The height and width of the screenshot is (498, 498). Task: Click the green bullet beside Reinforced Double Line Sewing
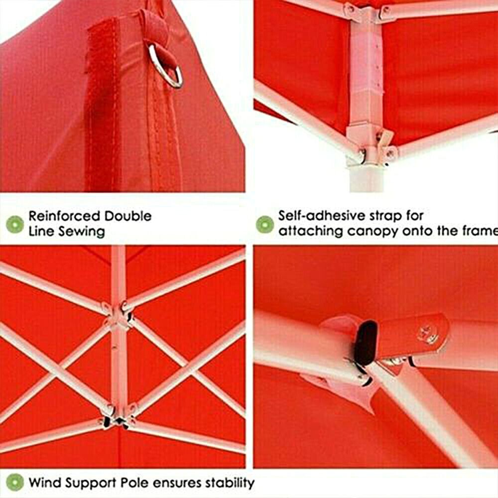pos(15,224)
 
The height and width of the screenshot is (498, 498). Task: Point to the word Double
pos(127,216)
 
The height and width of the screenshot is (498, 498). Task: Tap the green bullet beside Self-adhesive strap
pos(264,224)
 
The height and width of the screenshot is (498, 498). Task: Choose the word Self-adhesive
pos(319,216)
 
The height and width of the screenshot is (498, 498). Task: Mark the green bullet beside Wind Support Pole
pos(15,483)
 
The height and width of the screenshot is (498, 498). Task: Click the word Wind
pos(42,483)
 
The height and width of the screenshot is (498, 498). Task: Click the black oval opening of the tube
pos(368,342)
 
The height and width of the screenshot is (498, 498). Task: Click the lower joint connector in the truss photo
pos(117,419)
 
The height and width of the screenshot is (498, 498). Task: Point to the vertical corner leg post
pos(364,100)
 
